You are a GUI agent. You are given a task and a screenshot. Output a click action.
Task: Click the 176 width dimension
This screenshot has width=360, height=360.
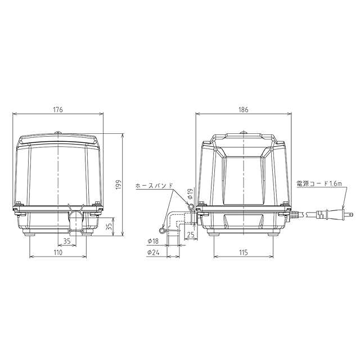58,110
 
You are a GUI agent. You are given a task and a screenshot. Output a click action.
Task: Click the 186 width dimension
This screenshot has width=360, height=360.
244,110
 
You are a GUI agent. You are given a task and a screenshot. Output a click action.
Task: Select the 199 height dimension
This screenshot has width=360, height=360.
118,184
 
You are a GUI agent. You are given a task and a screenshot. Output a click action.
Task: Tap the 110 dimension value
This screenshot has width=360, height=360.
58,253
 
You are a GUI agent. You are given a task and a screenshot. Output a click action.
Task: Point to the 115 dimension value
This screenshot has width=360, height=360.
244,253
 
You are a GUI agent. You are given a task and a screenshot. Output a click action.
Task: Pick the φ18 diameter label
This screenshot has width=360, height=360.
154,241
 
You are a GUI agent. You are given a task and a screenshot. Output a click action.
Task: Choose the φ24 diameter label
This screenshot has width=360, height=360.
154,253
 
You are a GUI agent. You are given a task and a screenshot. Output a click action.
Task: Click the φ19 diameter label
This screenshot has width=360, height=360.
190,193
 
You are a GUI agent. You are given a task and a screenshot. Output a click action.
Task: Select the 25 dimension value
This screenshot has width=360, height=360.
191,235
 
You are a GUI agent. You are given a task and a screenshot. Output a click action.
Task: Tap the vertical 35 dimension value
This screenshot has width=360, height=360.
110,226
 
